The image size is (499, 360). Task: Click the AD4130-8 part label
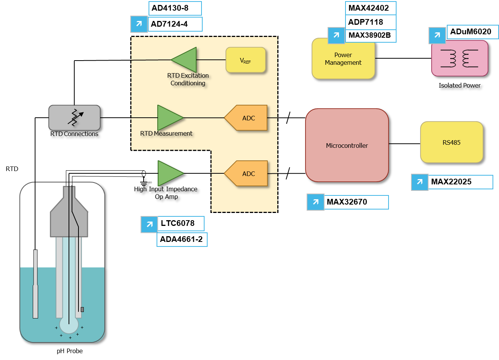175,8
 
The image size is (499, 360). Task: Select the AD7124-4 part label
175,24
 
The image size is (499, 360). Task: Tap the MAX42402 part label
371,8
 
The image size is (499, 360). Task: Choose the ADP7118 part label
371,22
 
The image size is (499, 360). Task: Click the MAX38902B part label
371,36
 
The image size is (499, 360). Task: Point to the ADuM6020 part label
472,32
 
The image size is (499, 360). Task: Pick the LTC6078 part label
181,224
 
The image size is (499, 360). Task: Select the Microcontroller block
347,146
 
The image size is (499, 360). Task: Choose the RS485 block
452,142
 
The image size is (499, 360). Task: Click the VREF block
246,60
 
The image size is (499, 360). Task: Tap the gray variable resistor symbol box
74,118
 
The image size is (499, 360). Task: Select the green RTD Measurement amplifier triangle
170,118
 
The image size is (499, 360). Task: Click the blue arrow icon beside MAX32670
315,202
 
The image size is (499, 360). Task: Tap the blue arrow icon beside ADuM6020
437,35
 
